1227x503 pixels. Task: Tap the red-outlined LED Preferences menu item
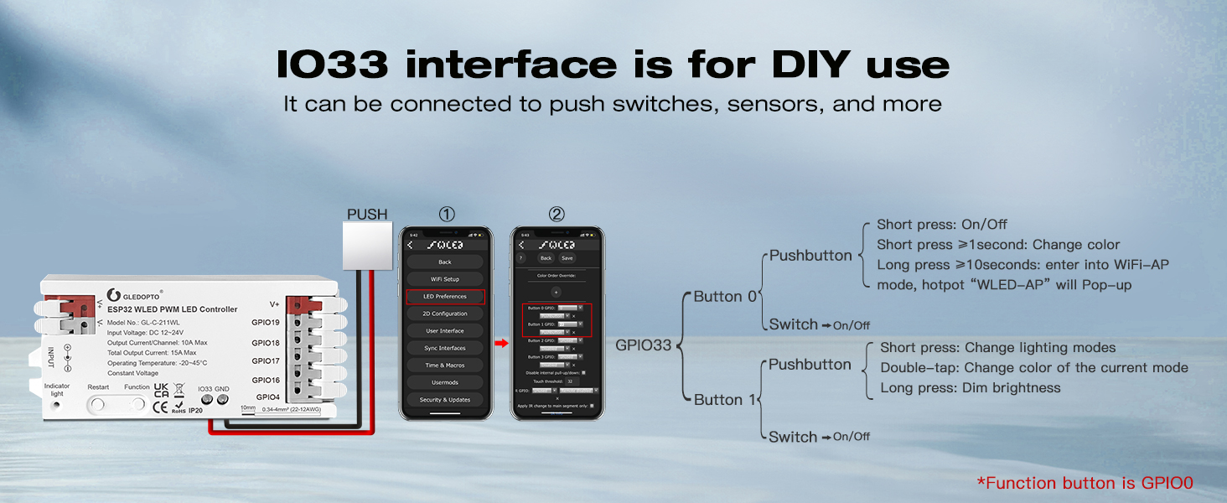click(445, 297)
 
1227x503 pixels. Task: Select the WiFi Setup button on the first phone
click(445, 279)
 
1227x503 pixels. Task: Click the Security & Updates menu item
click(445, 400)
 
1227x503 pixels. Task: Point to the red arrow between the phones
click(500, 343)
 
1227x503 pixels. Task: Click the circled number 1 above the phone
click(447, 215)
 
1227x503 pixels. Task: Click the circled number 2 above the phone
click(557, 215)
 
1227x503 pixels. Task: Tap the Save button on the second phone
click(567, 258)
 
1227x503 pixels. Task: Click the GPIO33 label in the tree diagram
click(644, 345)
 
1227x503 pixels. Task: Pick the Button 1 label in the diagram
click(724, 400)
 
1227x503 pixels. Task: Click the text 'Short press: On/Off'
click(942, 225)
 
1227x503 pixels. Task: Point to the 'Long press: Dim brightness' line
click(971, 388)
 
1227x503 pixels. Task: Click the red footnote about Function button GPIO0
click(1085, 483)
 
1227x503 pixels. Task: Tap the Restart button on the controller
click(98, 403)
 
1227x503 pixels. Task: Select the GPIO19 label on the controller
click(266, 322)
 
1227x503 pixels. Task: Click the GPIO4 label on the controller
click(267, 397)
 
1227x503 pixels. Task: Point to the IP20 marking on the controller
click(195, 411)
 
